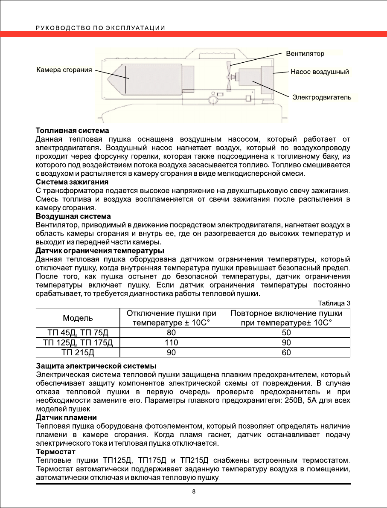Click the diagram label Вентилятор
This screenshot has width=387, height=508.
pos(305,54)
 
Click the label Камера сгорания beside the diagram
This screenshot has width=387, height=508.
pos(64,70)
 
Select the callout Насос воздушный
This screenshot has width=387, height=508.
pos(320,72)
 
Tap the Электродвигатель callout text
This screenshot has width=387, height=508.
pos(322,97)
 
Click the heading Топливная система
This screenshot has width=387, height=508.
pos(72,130)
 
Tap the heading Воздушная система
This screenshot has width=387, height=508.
pos(73,217)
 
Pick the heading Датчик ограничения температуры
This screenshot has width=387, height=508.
pos(100,250)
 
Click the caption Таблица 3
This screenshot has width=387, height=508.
pos(335,303)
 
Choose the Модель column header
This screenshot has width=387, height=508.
pos(78,318)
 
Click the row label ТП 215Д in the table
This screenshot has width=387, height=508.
pos(78,352)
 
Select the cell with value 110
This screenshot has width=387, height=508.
pos(171,343)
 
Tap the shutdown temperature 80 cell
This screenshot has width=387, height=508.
pos(171,333)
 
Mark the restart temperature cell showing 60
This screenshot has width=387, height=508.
pos(286,352)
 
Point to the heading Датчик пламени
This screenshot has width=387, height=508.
pos(66,417)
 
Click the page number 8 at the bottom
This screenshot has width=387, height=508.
pos(194,492)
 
